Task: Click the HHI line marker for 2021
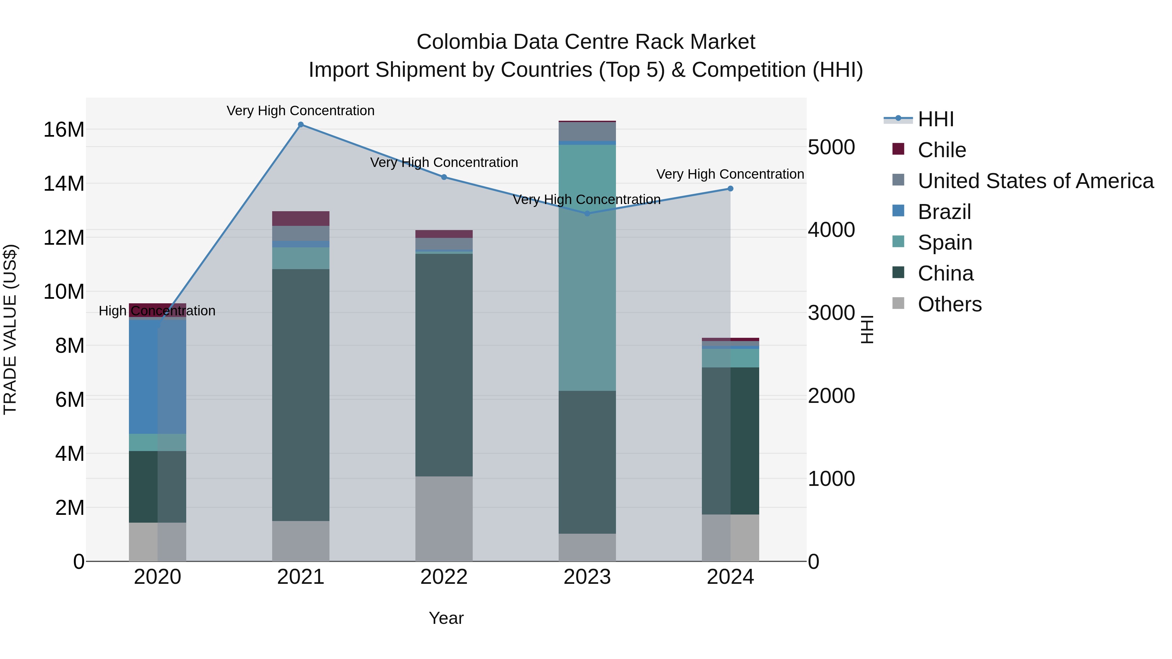[301, 125]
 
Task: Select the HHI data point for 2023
[587, 213]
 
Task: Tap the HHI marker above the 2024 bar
[730, 189]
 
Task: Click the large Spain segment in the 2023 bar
[587, 268]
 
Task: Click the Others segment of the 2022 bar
[444, 518]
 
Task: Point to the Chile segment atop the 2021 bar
[301, 218]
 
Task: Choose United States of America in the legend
[1035, 181]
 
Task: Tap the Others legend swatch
[898, 303]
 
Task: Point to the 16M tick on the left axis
[64, 130]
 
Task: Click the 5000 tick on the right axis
[831, 147]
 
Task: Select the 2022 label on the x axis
[444, 577]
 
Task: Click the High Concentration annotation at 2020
[157, 311]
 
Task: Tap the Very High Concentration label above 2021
[301, 111]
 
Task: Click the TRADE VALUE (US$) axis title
[10, 329]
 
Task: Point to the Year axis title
[446, 618]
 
